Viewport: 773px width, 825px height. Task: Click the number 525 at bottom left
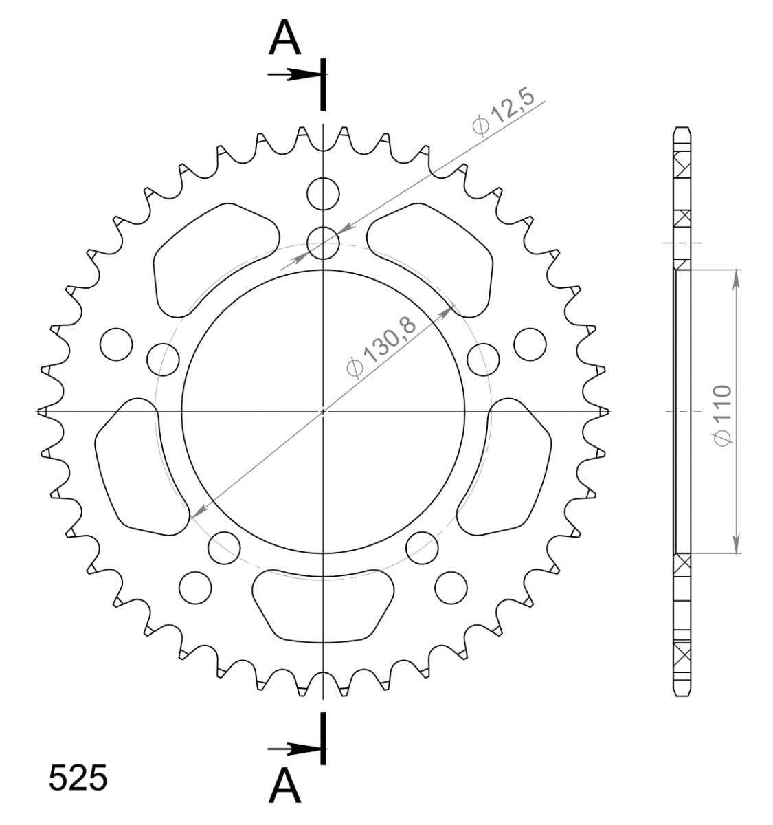click(78, 778)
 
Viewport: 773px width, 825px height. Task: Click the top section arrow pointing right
click(294, 74)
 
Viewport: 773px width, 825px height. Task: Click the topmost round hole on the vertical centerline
click(323, 194)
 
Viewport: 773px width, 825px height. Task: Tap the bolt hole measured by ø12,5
click(323, 243)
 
